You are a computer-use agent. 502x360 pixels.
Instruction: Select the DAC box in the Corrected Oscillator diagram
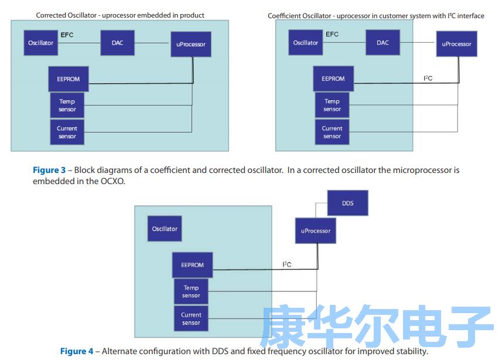[118, 43]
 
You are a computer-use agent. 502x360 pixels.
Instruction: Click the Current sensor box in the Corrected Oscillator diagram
[67, 133]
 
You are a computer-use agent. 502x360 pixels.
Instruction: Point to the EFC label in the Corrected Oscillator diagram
[67, 35]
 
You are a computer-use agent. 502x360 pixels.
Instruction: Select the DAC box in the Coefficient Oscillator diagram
[383, 43]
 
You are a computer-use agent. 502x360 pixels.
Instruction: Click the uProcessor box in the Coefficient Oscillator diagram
[456, 44]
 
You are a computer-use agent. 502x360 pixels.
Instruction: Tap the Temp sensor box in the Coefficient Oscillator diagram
[332, 106]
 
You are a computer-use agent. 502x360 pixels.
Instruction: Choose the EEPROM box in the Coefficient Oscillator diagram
[333, 79]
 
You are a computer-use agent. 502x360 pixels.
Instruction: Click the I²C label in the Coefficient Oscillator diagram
[428, 78]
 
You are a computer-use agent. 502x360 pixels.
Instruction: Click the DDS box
[347, 203]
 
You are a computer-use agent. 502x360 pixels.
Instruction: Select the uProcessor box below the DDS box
[316, 231]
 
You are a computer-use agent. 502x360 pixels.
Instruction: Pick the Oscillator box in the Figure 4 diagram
[165, 229]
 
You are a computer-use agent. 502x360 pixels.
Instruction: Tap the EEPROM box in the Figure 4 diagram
[192, 265]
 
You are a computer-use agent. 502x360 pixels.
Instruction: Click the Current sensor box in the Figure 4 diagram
[191, 318]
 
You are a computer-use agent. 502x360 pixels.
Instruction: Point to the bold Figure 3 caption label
[49, 170]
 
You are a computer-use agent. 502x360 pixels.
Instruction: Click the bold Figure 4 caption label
[77, 351]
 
